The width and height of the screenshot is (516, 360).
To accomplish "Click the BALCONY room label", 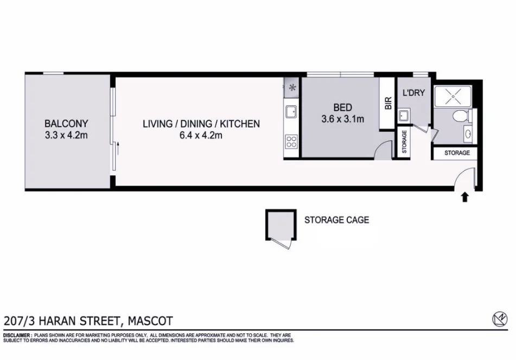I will click(66, 123).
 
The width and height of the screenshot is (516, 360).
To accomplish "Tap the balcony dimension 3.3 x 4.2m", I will click(66, 135).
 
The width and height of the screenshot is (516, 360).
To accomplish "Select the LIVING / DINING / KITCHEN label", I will click(201, 124).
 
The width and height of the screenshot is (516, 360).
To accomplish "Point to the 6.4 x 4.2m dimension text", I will click(201, 136).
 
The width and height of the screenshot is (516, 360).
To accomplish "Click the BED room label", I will click(343, 107).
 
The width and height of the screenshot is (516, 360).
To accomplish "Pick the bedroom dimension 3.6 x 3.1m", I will click(343, 118).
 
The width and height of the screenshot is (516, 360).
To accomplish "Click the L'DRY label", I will click(413, 93).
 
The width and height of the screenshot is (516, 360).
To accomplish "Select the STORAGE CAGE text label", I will click(336, 220).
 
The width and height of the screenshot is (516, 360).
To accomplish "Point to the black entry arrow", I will click(465, 197).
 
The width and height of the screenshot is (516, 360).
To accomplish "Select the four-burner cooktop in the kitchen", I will click(291, 142).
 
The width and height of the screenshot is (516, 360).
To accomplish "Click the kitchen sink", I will click(291, 112).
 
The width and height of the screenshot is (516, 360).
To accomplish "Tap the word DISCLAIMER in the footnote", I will click(17, 336).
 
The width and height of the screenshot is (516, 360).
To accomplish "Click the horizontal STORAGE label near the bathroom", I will click(457, 153).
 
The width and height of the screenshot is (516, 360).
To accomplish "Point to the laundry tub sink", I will click(403, 115).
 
